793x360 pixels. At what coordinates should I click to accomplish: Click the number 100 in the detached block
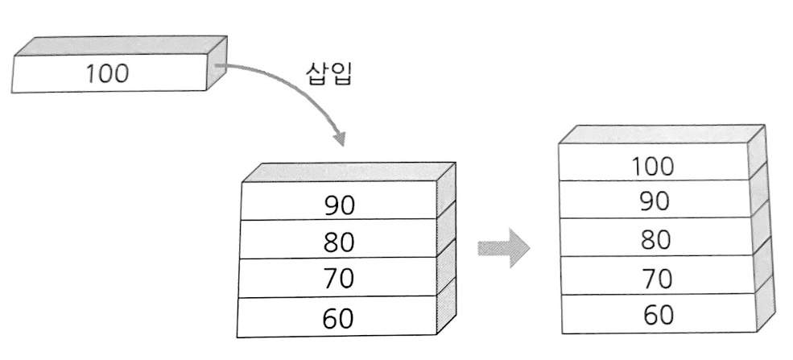[107, 73]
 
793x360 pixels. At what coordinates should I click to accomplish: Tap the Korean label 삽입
[328, 74]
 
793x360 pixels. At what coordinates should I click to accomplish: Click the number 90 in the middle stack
[339, 205]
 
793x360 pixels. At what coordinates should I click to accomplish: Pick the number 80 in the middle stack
[339, 242]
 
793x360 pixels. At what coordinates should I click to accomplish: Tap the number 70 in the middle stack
[339, 280]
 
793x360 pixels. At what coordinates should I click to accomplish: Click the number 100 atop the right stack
[653, 167]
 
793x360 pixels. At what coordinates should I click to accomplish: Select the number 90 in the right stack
[654, 201]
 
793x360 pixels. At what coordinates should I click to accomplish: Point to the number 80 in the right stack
[654, 239]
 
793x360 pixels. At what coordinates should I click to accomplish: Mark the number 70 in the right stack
[654, 278]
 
